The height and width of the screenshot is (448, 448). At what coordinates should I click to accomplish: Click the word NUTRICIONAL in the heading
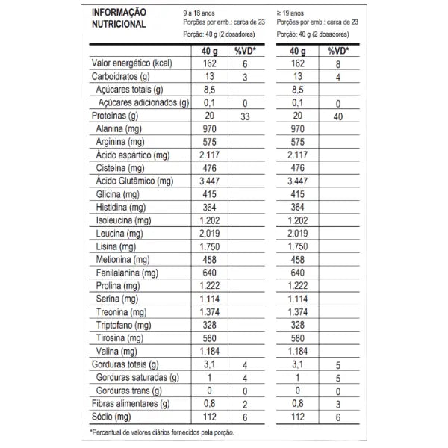click(x=118, y=24)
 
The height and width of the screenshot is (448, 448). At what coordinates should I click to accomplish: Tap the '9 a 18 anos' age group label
click(x=202, y=12)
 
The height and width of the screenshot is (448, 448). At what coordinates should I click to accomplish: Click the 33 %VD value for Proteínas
click(x=245, y=116)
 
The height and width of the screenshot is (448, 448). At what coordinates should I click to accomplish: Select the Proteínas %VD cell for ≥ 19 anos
click(x=337, y=116)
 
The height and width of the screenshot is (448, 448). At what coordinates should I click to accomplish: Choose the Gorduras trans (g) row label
click(x=130, y=391)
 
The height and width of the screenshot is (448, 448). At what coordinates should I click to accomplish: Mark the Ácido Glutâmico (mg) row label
click(x=134, y=181)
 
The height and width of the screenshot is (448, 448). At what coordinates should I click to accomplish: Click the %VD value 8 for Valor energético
click(x=337, y=64)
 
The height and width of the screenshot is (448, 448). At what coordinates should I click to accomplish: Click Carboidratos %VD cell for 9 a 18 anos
click(x=245, y=77)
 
